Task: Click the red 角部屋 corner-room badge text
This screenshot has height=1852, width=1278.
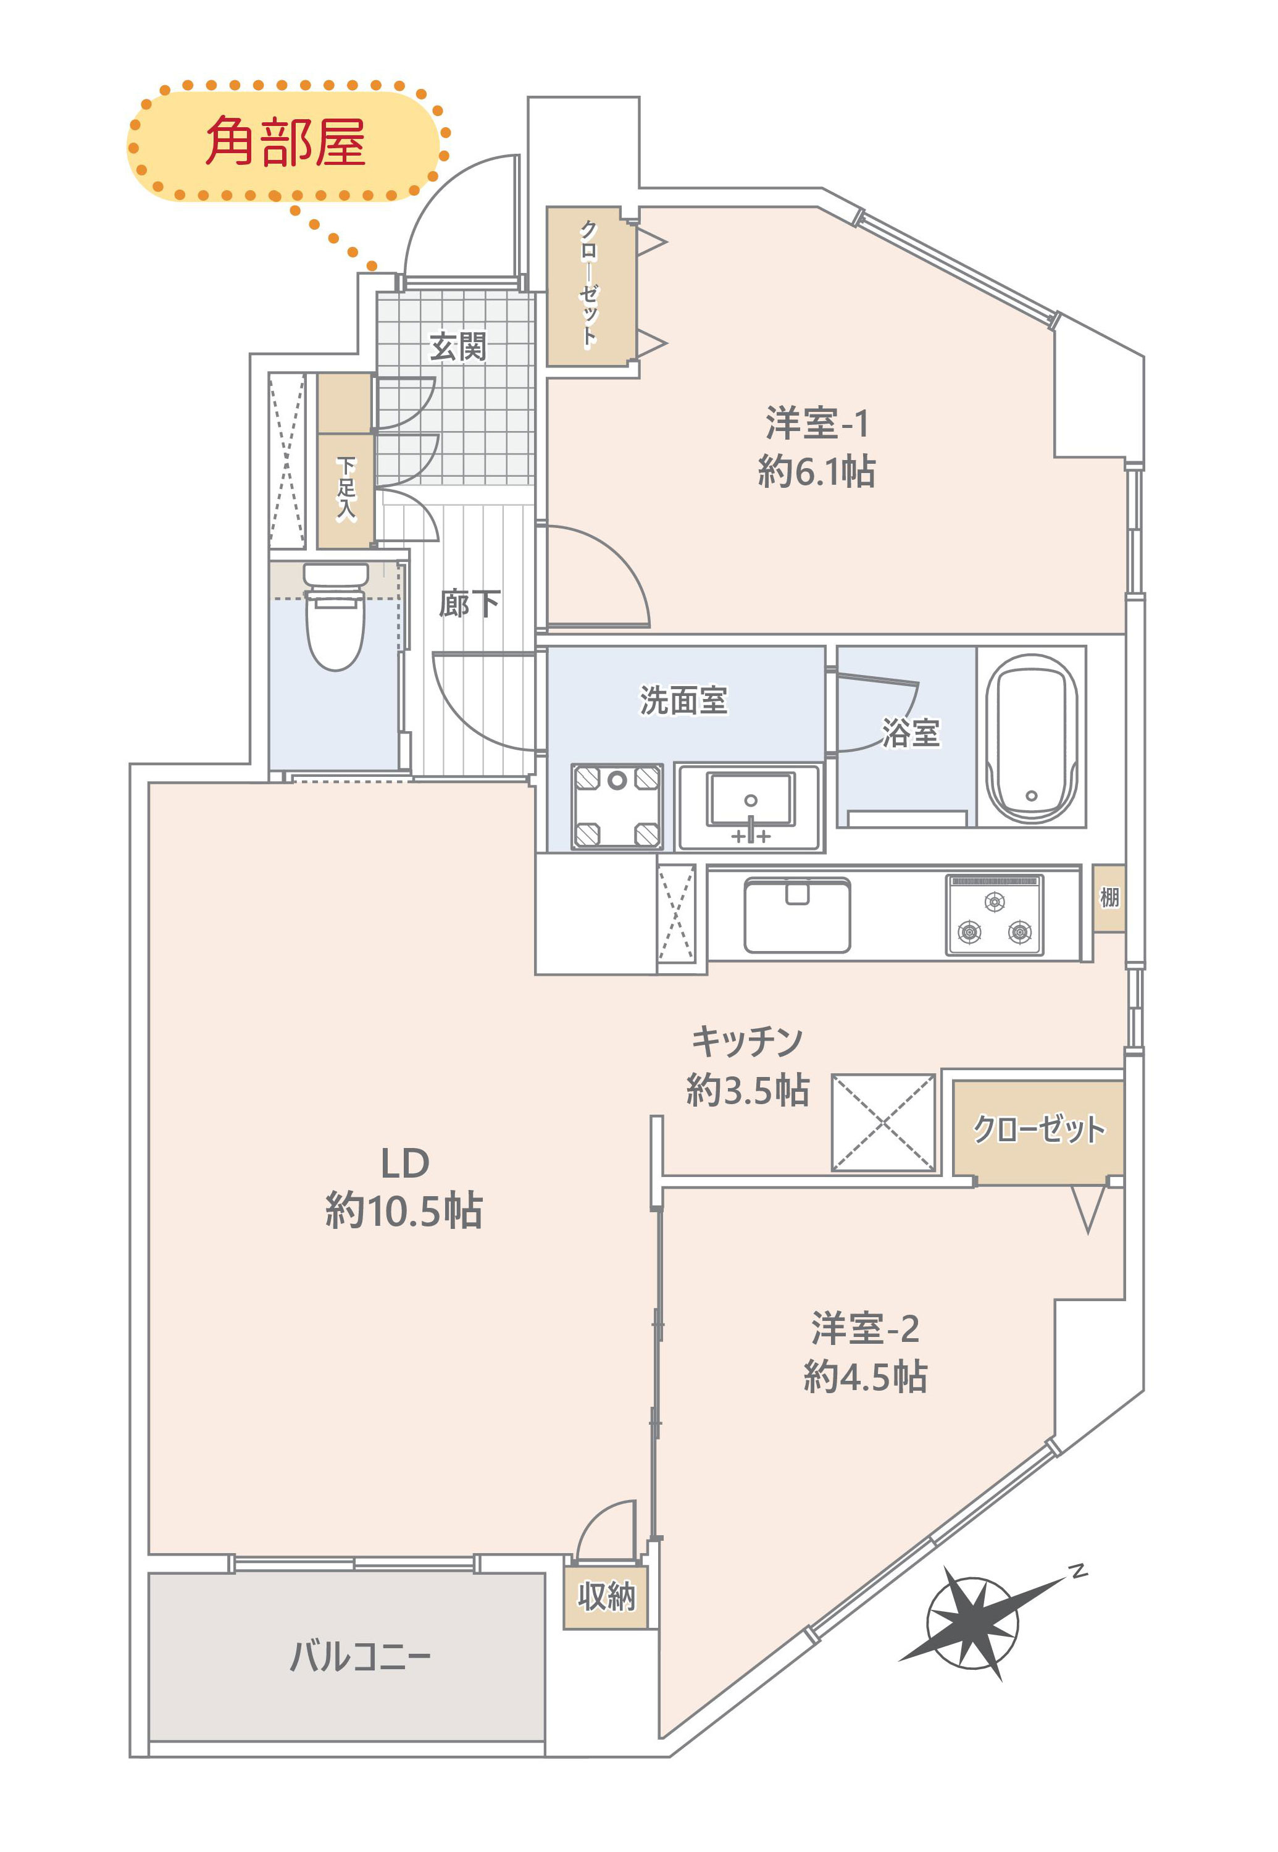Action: pyautogui.click(x=285, y=142)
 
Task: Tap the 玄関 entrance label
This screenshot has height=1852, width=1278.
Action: pyautogui.click(x=457, y=347)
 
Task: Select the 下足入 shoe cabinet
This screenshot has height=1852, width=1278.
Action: pyautogui.click(x=345, y=490)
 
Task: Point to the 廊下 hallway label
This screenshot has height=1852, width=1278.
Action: pyautogui.click(x=469, y=603)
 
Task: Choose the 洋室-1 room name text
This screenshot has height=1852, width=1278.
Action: pyautogui.click(x=817, y=424)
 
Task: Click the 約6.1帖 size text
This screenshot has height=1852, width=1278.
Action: pyautogui.click(x=817, y=471)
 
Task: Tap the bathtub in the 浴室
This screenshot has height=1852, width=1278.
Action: pyautogui.click(x=1032, y=738)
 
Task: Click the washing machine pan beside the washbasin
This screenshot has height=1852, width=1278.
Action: pyautogui.click(x=617, y=806)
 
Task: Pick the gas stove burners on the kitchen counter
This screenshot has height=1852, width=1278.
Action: pyautogui.click(x=995, y=915)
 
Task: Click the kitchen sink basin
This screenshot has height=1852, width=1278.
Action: pyautogui.click(x=797, y=916)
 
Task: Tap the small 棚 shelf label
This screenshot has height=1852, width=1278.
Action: pyautogui.click(x=1109, y=897)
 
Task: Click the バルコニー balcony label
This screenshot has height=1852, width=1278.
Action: pyautogui.click(x=361, y=1656)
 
